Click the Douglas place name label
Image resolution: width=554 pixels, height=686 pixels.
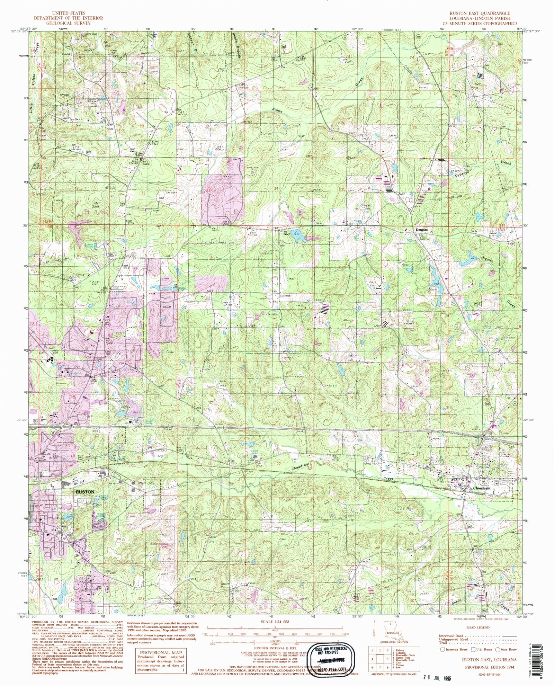click(x=421, y=230)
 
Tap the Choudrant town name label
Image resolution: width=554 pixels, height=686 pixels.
click(x=482, y=488)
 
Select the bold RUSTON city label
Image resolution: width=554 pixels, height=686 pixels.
click(x=85, y=491)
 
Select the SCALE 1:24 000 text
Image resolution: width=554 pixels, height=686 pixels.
click(x=276, y=622)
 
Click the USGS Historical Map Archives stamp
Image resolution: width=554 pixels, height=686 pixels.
click(x=335, y=657)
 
